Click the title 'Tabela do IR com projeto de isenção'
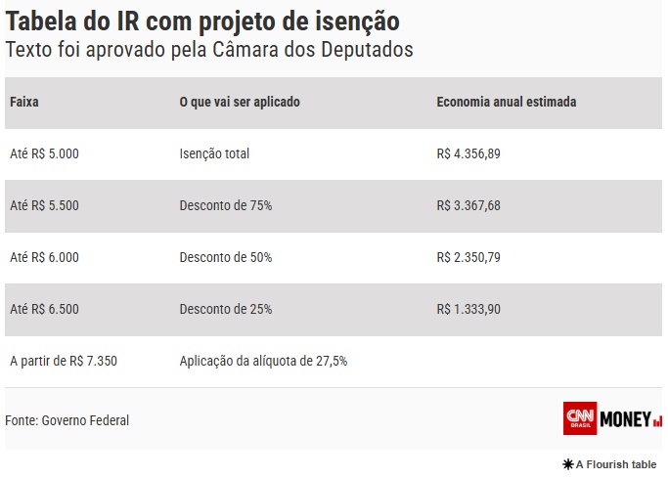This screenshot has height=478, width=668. point(202,21)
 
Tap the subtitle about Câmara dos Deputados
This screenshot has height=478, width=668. point(209,50)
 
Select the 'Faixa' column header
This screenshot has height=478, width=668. point(24,102)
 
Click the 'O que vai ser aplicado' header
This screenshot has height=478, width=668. point(240,102)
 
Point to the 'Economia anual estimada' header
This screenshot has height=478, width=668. point(506,102)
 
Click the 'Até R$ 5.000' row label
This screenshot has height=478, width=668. point(44,153)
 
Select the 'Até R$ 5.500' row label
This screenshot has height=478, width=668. point(44,205)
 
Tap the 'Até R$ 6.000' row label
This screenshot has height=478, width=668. point(44,257)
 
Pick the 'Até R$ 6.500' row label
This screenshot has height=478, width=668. point(44,309)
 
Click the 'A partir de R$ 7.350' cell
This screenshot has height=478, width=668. point(64,361)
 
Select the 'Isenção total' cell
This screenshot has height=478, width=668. point(214,153)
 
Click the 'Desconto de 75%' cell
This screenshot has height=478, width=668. point(226,205)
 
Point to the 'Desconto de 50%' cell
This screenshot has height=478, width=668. point(226,257)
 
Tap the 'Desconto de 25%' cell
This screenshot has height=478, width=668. point(226,309)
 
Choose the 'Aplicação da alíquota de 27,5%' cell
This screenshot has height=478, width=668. point(263,361)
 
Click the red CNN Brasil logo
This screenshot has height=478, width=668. point(580,418)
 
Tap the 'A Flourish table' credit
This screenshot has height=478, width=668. point(609,464)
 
